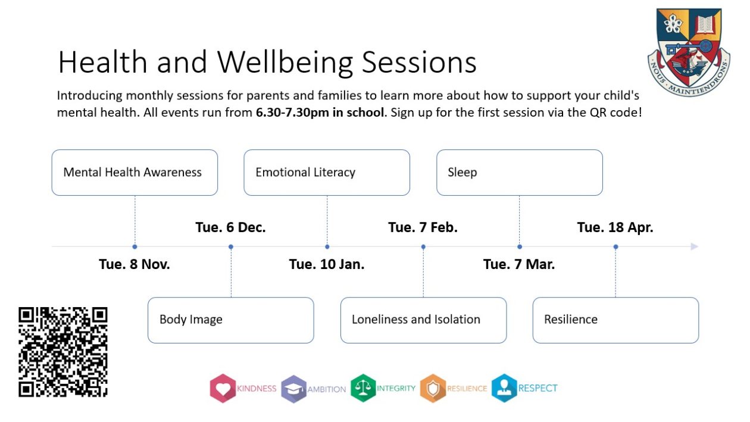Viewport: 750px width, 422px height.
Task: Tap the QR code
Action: [63, 352]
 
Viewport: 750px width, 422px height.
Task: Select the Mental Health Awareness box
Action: [135, 173]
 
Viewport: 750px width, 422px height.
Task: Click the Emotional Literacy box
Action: [327, 173]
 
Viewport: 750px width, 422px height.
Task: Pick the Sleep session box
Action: [519, 173]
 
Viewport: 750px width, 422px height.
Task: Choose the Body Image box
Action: [230, 320]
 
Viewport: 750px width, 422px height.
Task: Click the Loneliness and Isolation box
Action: [423, 320]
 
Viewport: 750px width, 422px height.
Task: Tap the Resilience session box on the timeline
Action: [615, 320]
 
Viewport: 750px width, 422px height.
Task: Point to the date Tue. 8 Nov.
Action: [135, 264]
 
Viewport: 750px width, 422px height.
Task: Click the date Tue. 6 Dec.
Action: [230, 227]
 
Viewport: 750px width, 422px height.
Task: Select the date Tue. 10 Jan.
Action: [327, 264]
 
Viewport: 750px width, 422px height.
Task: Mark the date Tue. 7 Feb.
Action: [423, 227]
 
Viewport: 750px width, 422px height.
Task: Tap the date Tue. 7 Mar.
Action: [519, 264]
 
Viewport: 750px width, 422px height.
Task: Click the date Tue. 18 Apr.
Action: [615, 227]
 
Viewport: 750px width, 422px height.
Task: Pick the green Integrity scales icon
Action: [362, 388]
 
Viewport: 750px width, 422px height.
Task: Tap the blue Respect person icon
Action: [504, 388]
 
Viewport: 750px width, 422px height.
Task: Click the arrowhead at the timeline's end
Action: [694, 246]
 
